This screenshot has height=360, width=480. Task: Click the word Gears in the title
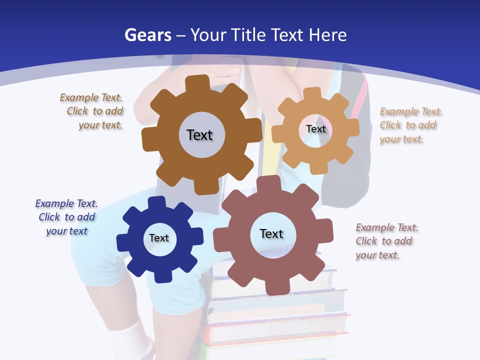tap(147, 35)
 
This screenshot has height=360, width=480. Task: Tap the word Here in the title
tap(327, 35)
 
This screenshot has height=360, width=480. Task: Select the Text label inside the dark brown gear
tap(199, 135)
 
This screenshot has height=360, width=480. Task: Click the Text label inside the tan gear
tap(315, 129)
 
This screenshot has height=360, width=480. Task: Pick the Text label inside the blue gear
tap(159, 238)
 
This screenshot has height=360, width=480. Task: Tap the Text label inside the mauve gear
tap(271, 233)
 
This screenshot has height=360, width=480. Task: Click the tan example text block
tap(410, 125)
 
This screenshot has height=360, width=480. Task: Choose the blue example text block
tap(66, 217)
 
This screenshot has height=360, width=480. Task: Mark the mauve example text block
tap(386, 241)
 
